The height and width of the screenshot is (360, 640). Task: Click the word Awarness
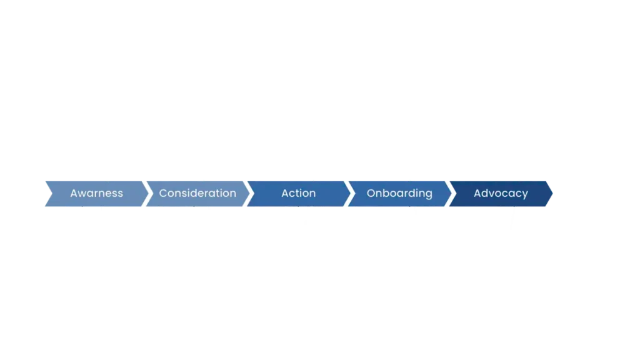click(x=96, y=193)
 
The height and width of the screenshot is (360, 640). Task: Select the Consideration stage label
click(x=197, y=193)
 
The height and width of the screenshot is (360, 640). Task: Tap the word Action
click(x=298, y=193)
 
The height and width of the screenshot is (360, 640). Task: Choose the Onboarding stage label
click(x=399, y=193)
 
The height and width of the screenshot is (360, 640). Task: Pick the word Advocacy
click(x=501, y=193)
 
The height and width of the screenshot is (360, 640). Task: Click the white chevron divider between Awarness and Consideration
click(x=147, y=193)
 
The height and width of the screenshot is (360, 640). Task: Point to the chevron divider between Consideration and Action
click(x=249, y=193)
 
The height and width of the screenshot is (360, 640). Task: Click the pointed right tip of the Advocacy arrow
click(x=552, y=193)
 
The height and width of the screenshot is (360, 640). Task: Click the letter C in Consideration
click(x=162, y=193)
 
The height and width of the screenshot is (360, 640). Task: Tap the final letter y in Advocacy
click(x=525, y=194)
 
